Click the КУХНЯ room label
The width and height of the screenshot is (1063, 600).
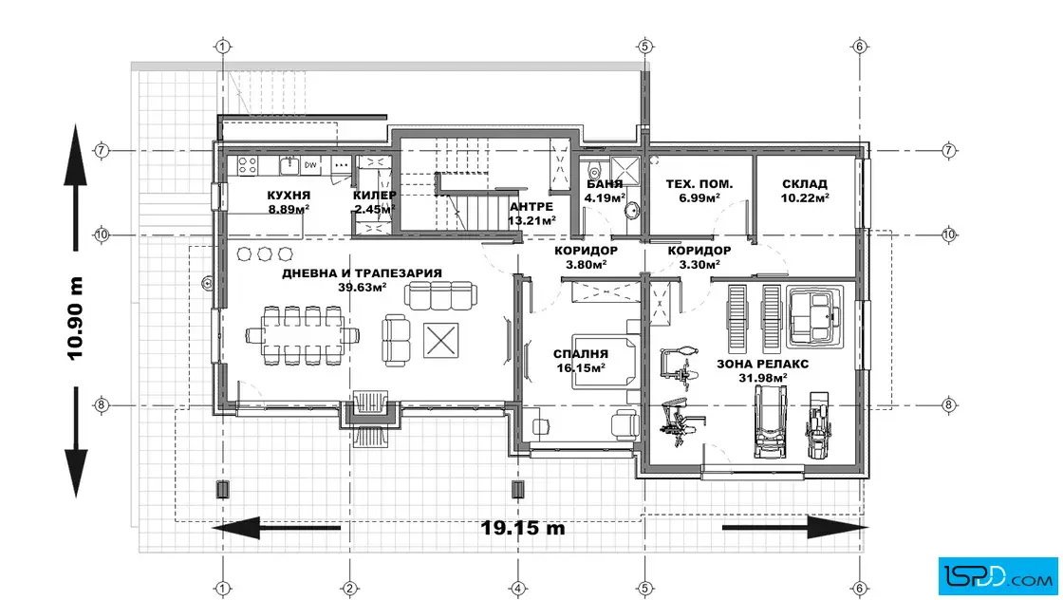289,196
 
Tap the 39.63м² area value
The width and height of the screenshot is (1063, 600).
363,287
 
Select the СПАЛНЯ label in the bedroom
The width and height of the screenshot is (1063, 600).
580,354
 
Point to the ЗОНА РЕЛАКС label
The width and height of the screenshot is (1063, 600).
763,364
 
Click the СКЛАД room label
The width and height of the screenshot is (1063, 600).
805,184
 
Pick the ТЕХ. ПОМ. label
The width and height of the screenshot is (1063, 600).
699,184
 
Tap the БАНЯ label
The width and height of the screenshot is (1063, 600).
605,184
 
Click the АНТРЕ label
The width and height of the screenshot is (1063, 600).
531,206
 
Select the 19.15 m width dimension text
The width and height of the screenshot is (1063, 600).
523,528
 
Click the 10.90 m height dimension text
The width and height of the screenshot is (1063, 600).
75,318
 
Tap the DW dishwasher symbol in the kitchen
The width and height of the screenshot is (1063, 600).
310,165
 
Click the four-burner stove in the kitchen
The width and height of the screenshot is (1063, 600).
247,165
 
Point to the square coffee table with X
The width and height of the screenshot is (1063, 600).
440,340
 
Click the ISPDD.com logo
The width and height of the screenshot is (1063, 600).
998,576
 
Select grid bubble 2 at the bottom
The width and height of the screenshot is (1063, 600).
350,589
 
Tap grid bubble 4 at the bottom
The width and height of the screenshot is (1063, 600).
517,589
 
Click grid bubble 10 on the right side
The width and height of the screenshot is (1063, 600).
948,234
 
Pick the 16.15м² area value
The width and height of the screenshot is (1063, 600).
580,367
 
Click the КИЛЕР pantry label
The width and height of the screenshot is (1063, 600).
374,196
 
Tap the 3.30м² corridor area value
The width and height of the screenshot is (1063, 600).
699,265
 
